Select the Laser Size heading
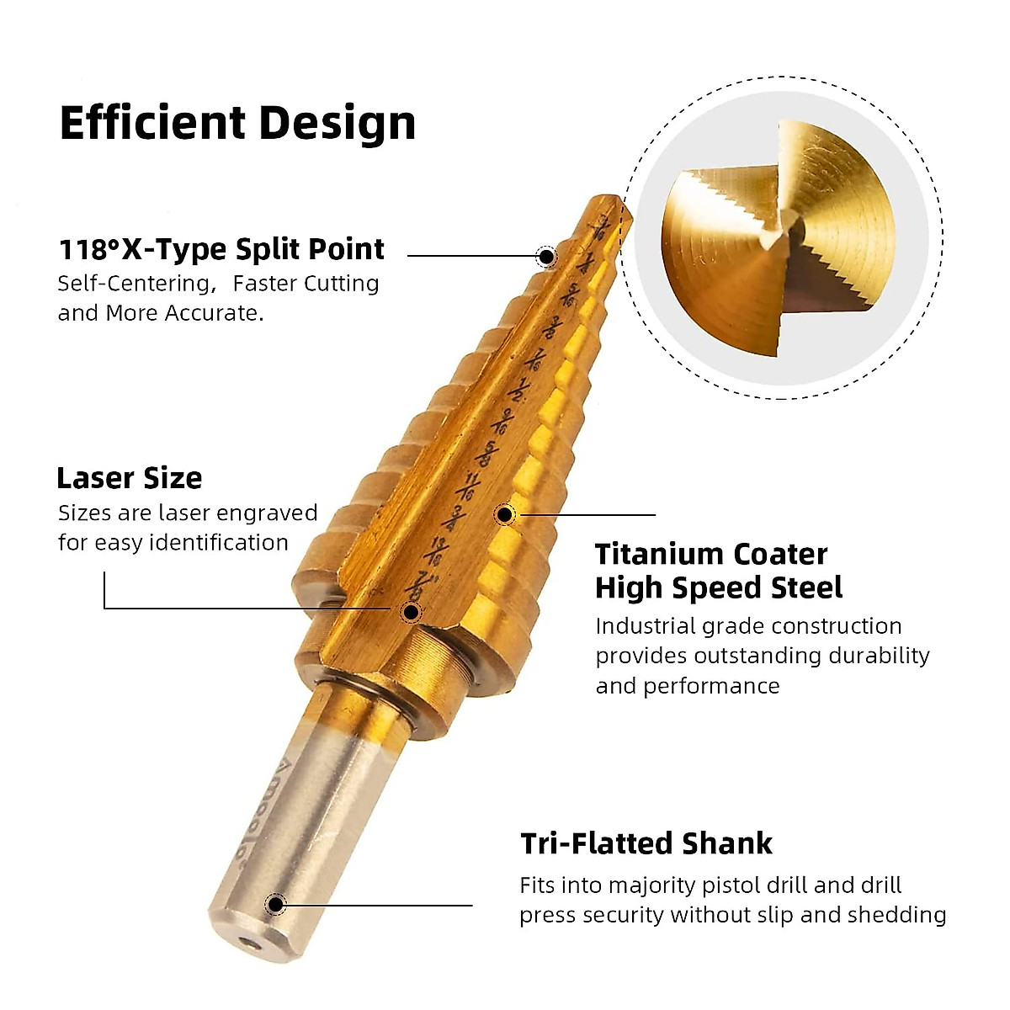tap(129, 478)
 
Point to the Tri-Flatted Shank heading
tap(646, 843)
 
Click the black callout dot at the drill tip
tap(546, 256)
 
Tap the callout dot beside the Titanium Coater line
tap(505, 514)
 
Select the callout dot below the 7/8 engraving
tap(411, 612)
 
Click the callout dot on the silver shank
tap(275, 905)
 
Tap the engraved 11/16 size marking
tap(473, 486)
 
